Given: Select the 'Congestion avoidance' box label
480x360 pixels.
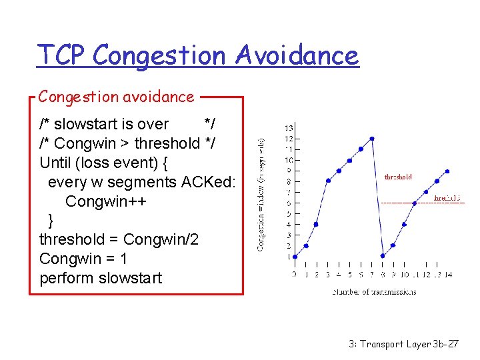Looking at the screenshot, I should pos(116,97).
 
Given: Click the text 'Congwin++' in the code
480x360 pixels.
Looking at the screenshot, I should pos(102,201).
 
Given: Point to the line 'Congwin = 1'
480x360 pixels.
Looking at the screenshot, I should pos(83,258).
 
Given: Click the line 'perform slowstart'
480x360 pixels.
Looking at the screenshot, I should pos(101,277).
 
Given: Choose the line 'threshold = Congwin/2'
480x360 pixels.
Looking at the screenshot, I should pos(119,239).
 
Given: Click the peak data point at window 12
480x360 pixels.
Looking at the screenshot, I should pos(371,139).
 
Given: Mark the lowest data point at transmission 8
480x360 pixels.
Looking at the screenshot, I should pos(383,255).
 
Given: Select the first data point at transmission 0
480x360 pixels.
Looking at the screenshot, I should pos(295,256).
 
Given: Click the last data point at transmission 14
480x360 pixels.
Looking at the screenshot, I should pos(447,171).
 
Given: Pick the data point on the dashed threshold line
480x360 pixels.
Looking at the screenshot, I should pos(415,202).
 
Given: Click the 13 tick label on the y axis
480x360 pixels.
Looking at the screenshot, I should pos(288,127).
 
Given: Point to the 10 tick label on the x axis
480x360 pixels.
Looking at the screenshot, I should pos(404,274).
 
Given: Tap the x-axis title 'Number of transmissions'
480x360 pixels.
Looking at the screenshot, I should pos(374,291).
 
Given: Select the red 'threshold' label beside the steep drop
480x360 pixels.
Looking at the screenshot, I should pos(398,177).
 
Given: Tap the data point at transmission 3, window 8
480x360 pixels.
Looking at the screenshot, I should pos(327,181).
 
